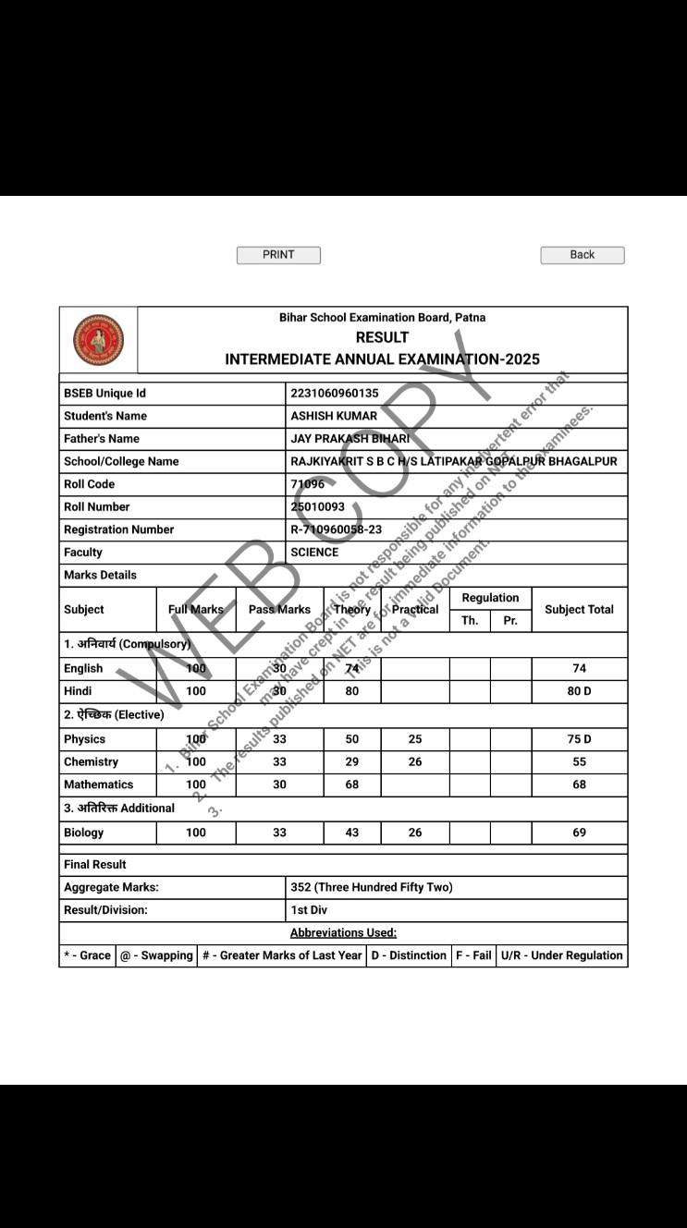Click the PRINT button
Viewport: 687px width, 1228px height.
coord(278,255)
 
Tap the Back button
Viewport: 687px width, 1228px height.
coord(583,255)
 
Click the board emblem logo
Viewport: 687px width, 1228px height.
coord(98,340)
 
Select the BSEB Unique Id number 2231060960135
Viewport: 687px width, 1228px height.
coord(335,394)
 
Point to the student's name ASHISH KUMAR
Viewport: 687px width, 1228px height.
coord(334,416)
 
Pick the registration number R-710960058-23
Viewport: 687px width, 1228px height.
coord(336,529)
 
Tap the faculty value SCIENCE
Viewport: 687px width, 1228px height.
coord(314,553)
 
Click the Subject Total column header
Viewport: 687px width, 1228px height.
coord(579,610)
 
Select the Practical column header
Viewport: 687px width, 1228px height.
coord(415,610)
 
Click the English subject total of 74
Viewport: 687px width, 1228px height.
coord(579,669)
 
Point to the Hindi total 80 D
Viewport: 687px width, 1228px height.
coord(579,691)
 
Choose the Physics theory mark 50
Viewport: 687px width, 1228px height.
coord(351,739)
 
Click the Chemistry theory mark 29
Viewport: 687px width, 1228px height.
coord(351,762)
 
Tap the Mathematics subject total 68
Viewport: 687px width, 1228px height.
coord(579,784)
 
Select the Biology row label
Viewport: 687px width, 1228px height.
coord(83,833)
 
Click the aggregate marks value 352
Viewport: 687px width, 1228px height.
coord(371,887)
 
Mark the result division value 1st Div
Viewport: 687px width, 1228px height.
coord(309,910)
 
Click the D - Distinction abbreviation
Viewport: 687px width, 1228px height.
coord(409,955)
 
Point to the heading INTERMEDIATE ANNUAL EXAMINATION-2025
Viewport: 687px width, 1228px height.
coord(382,359)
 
